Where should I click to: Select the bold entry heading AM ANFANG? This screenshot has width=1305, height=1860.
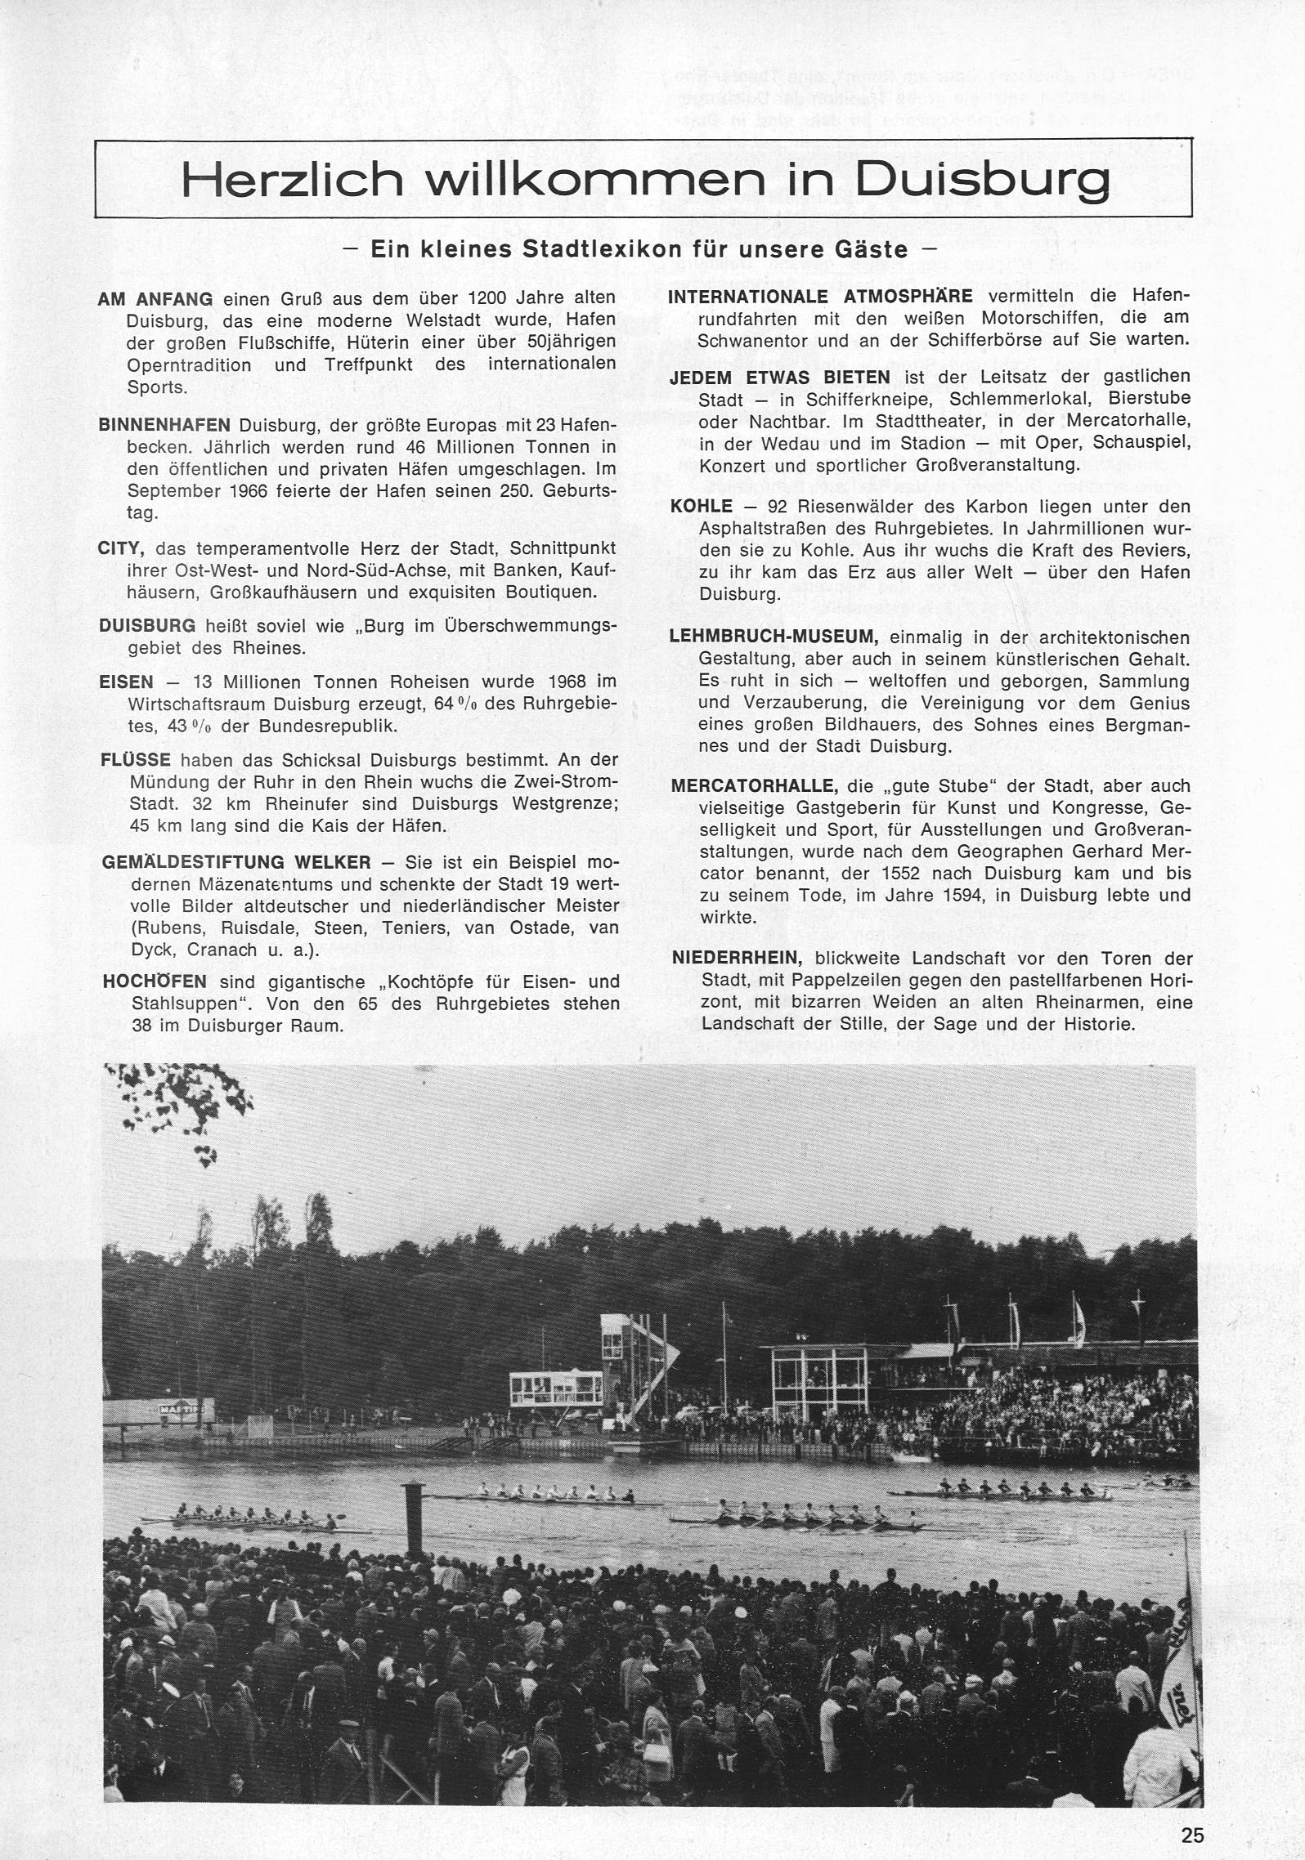coord(155,299)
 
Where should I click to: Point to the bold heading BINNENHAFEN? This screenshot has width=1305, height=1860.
coord(153,426)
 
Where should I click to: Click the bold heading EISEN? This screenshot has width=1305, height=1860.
coord(126,682)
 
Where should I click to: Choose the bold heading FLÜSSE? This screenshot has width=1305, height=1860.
coord(136,760)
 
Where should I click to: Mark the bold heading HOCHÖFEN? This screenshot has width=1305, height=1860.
coord(155,981)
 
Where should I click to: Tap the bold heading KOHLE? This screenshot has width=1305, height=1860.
coord(701,507)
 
